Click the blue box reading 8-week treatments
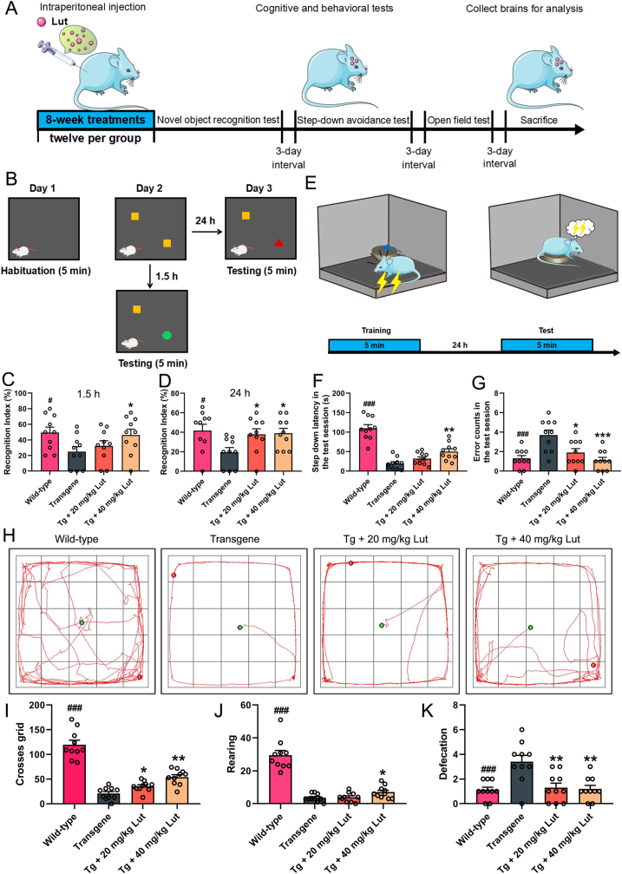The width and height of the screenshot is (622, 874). [x=94, y=120]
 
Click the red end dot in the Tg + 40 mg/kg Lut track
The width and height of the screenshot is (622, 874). [x=593, y=666]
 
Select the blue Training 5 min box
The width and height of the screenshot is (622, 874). [x=374, y=345]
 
